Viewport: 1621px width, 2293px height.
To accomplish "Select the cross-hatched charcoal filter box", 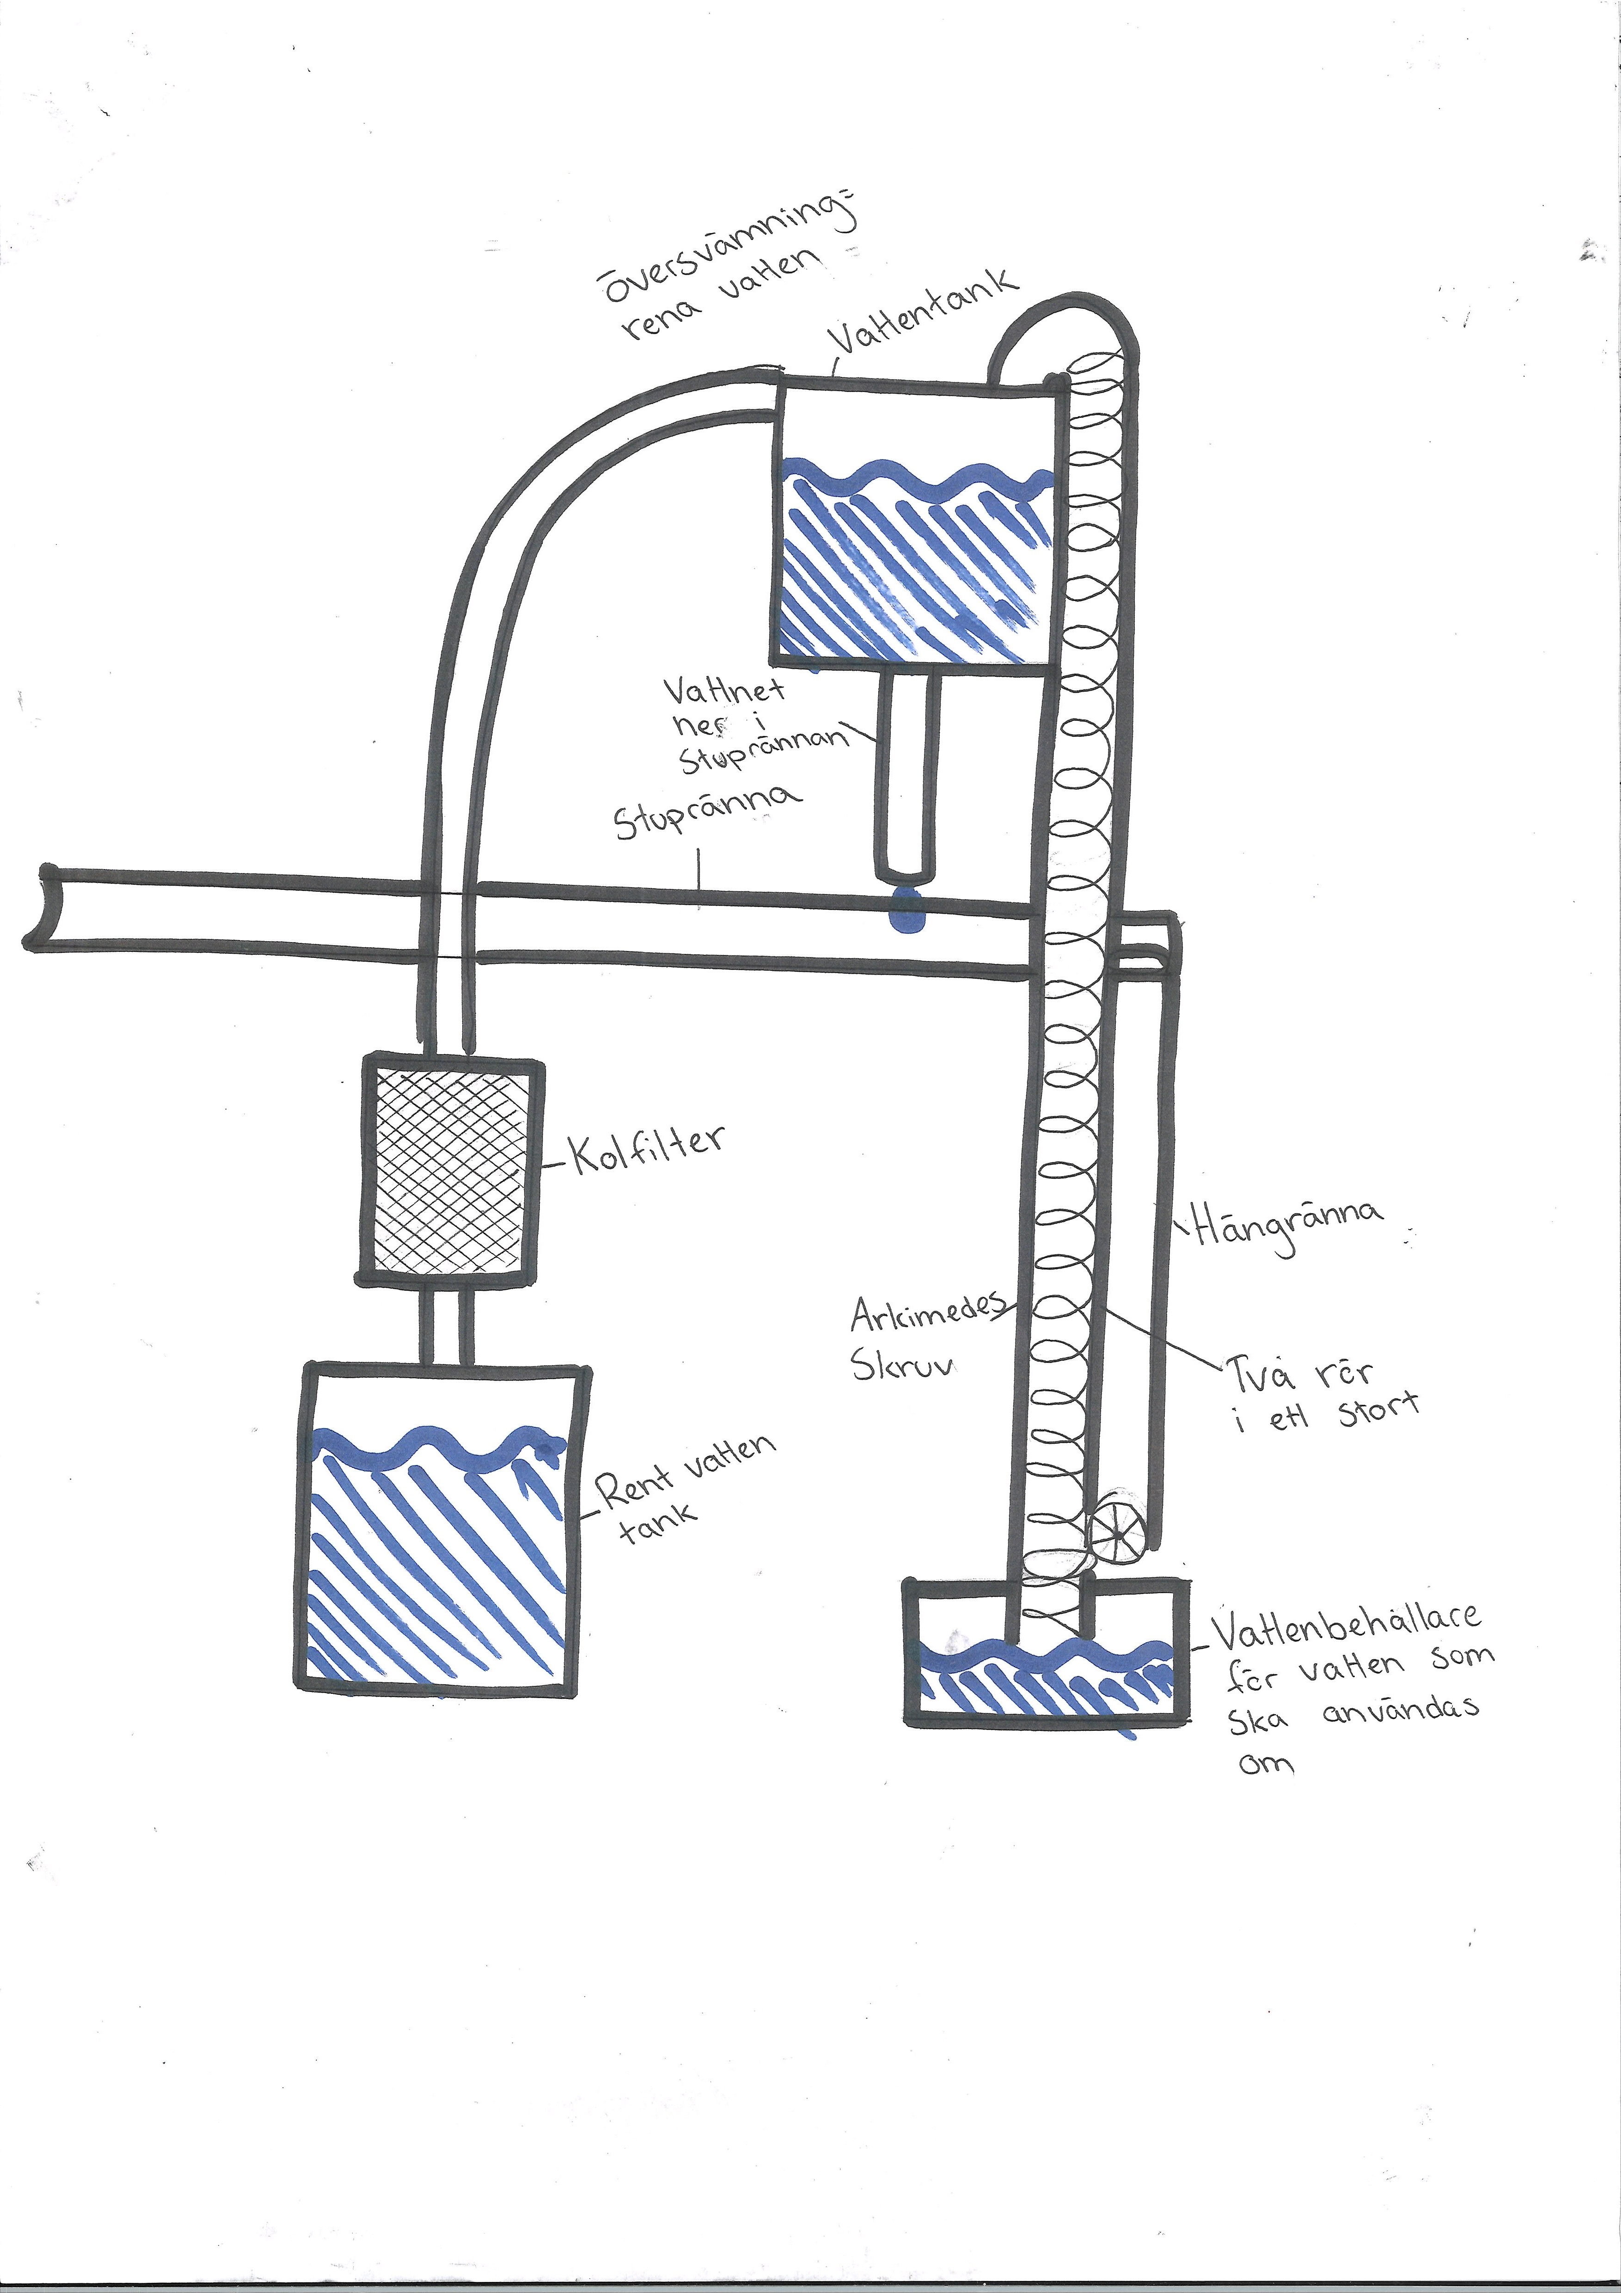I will (452, 1169).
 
